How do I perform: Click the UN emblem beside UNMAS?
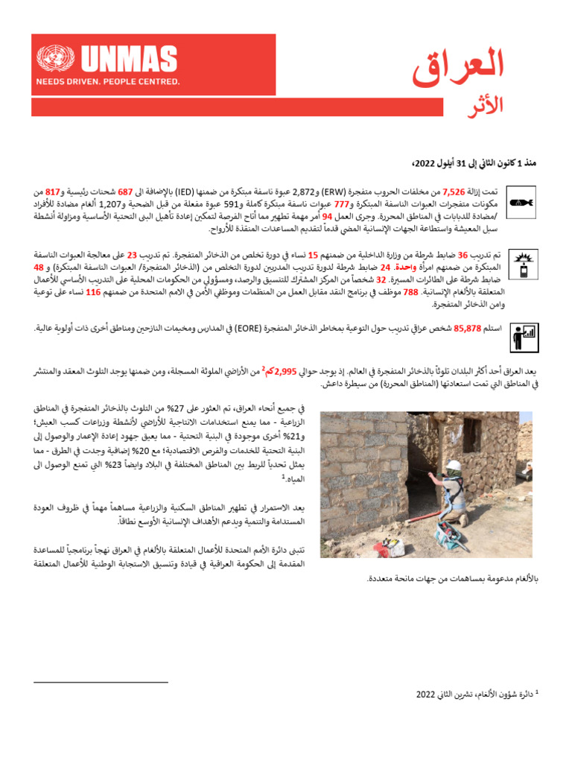click(x=52, y=59)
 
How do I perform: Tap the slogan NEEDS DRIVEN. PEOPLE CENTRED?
click(x=109, y=81)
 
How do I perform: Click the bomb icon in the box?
click(x=519, y=202)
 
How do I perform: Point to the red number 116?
click(x=93, y=292)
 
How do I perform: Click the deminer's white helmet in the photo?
click(x=454, y=466)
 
